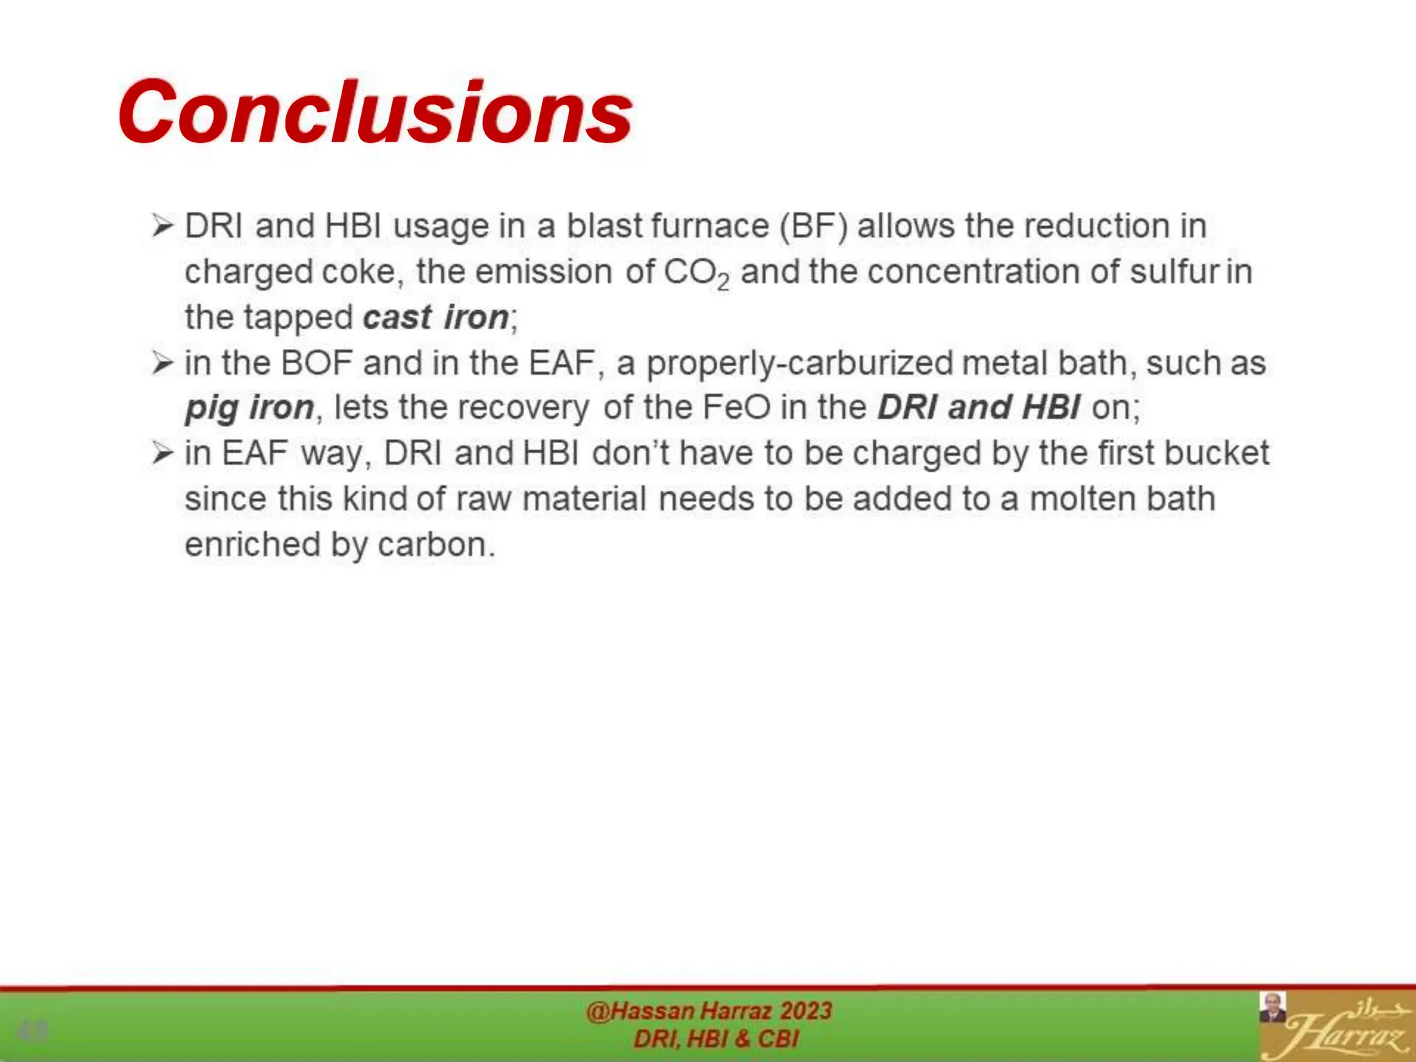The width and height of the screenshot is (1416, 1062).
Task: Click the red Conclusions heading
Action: point(374,113)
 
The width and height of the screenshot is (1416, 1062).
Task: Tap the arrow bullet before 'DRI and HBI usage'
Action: point(162,226)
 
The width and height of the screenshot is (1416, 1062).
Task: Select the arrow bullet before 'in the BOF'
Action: point(162,363)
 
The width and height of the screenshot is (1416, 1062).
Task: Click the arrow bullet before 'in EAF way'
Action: point(162,454)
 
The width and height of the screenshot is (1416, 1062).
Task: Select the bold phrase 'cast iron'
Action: point(436,317)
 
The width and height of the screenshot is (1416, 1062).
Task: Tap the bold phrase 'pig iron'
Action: point(249,407)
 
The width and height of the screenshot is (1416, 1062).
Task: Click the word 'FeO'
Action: point(736,407)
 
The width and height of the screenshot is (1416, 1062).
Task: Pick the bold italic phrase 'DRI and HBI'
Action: point(978,407)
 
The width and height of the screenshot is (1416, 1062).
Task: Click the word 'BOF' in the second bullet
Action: point(317,363)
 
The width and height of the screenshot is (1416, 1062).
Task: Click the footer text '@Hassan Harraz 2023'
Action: point(709,1011)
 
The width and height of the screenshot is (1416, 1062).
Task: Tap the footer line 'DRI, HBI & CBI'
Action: point(716,1038)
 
